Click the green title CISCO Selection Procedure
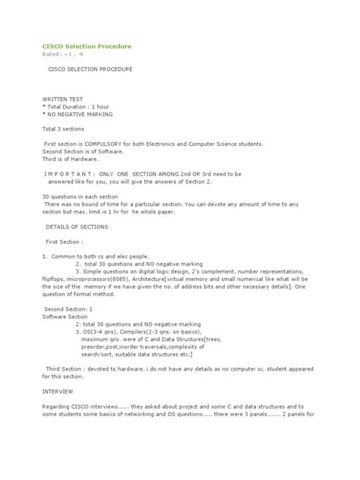click(x=86, y=46)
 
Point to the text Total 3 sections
click(x=67, y=129)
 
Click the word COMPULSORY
click(x=119, y=144)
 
